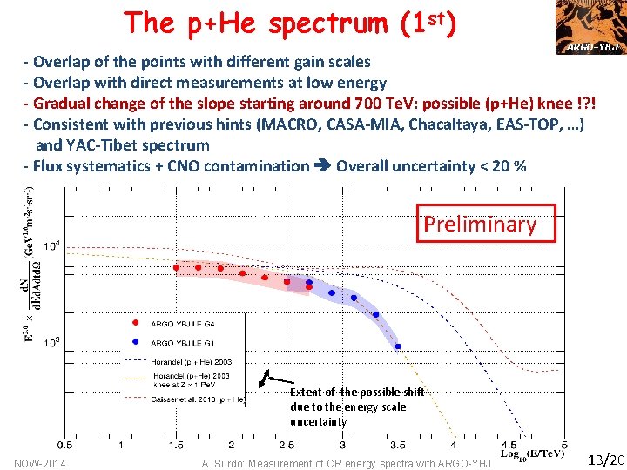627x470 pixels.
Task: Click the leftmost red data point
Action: click(177, 267)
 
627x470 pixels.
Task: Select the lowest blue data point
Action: click(398, 346)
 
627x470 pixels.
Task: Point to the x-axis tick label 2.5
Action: click(287, 445)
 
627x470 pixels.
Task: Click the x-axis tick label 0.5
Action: click(65, 445)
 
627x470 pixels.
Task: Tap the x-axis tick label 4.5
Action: click(509, 445)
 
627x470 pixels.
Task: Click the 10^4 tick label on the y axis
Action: click(52, 246)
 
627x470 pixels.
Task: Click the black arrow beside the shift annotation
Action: click(277, 379)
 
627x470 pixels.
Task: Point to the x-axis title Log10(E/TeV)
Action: click(533, 453)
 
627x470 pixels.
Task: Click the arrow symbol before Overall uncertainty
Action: click(321, 165)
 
